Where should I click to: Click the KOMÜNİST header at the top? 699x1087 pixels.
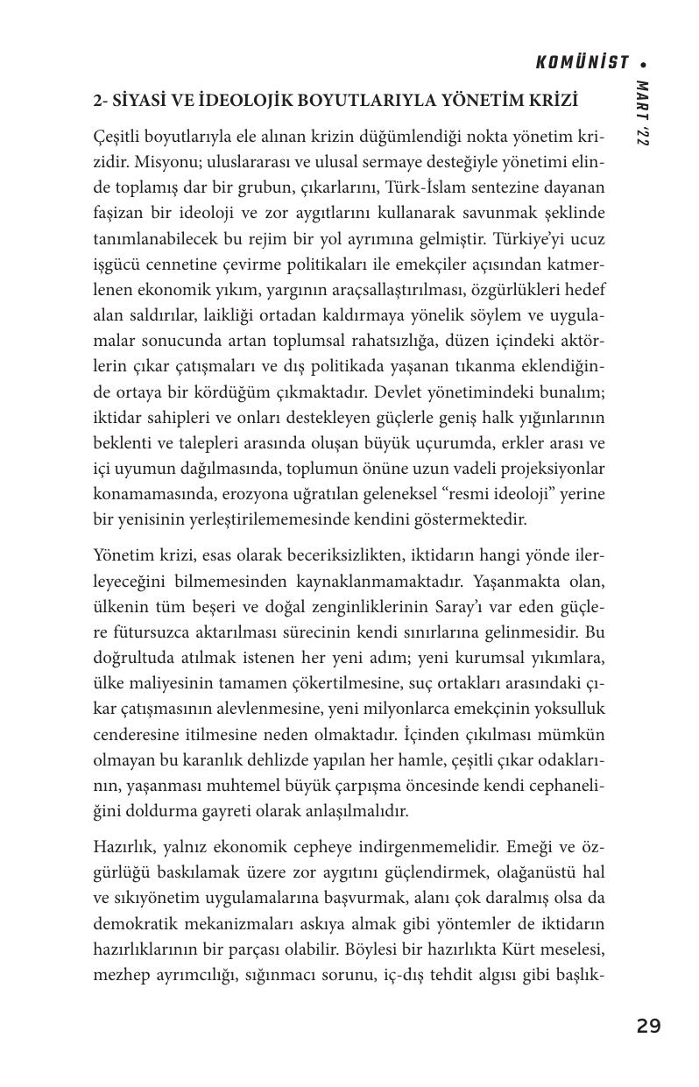[x=582, y=62]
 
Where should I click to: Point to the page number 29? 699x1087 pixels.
[x=648, y=1026]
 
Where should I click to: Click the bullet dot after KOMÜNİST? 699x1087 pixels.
[x=644, y=64]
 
